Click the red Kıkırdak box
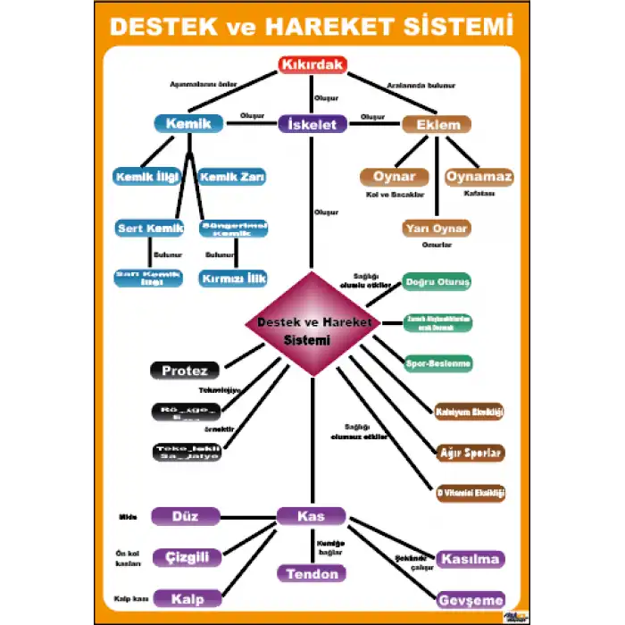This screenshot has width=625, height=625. pos(312,65)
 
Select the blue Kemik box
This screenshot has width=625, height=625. pos(188,123)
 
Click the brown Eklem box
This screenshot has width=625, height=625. pos(437,124)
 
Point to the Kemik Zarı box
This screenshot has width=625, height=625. pos(232,177)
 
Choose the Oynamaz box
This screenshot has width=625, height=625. pos(479,177)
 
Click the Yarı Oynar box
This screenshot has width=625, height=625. pos(437,229)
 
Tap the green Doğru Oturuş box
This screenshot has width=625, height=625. pos(437,281)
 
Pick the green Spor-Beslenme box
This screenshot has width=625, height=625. pos(437,364)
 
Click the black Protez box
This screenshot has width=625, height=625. pos(185,371)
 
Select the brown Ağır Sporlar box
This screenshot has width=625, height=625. pos(471,452)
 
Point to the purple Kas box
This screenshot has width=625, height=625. pos(312,516)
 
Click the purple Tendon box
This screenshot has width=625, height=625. pos(312,573)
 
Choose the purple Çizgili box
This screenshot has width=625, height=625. pos(187,558)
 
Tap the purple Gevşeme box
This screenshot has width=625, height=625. pos(471,600)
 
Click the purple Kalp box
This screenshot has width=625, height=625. pos(187,598)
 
